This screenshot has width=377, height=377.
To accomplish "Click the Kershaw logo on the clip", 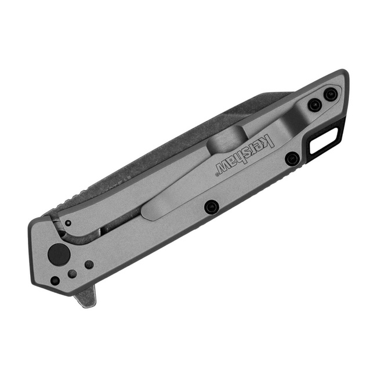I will click(x=244, y=155).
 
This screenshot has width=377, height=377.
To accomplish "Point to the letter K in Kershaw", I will click(x=269, y=140).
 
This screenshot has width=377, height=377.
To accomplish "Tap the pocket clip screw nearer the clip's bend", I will click(x=314, y=105).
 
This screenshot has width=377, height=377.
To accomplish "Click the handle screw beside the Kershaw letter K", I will click(x=292, y=158).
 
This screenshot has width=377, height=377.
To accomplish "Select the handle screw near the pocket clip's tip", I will click(x=212, y=206).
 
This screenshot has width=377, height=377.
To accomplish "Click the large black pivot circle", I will click(x=57, y=253).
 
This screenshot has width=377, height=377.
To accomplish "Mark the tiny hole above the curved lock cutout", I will click(x=68, y=223).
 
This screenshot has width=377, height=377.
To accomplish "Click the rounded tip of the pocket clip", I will click(x=148, y=212).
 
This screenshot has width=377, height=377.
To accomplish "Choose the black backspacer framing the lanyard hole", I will click(x=339, y=130).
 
